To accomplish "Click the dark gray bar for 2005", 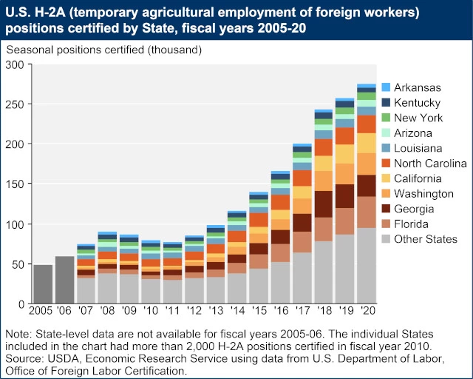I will point(44,284).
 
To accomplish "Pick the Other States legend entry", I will point(425,238).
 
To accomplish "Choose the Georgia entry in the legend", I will point(414,209).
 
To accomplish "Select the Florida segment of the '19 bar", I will point(345,221).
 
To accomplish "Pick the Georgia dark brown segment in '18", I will point(324,203).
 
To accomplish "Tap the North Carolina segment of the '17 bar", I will point(302,178).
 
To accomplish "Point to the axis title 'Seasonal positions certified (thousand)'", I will point(103,50).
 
